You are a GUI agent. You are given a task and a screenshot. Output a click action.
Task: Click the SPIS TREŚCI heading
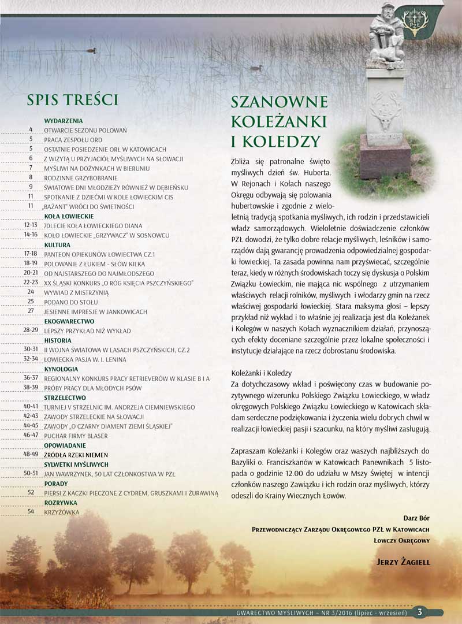pos(72,99)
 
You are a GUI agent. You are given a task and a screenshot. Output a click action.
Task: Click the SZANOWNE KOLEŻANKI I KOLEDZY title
pos(279,121)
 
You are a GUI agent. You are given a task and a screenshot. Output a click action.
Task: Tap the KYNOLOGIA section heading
pos(61,368)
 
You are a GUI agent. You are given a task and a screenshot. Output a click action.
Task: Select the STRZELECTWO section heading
pos(65,398)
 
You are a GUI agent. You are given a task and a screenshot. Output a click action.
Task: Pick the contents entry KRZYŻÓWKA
pos(62,512)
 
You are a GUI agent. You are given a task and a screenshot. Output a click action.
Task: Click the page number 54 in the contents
pos(31,511)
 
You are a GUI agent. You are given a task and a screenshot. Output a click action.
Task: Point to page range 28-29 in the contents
pos(31,329)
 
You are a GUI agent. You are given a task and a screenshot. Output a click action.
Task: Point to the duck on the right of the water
pos(256,68)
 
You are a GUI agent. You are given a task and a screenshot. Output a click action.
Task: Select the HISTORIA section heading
pos(58,340)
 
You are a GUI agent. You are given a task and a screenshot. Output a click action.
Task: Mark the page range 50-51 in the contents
pos(31,473)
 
